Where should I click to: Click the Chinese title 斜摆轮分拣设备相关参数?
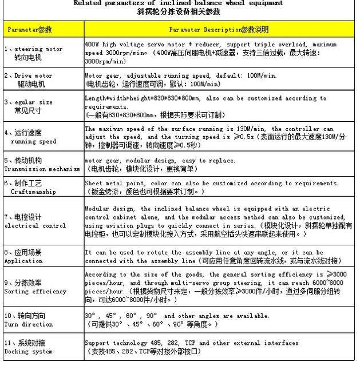point(178,11)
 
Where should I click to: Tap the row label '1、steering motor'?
point(33,49)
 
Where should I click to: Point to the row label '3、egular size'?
point(28,102)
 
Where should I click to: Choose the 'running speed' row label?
point(34,141)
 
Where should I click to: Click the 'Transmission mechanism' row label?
point(42,169)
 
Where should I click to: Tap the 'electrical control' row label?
point(35,225)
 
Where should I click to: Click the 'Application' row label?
point(23,261)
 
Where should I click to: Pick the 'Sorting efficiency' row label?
point(35,291)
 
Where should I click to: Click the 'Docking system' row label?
point(28,352)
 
